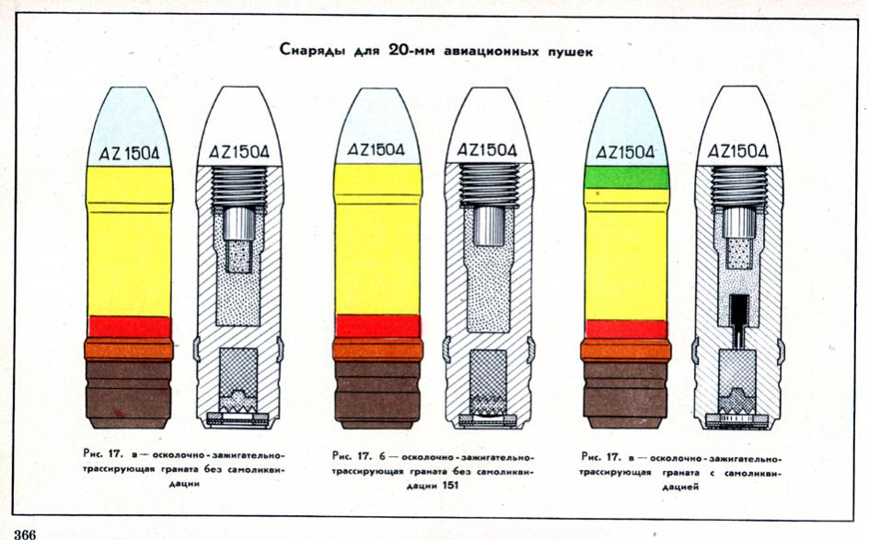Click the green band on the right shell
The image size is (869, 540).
pyautogui.click(x=626, y=177)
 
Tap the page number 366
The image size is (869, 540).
pyautogui.click(x=25, y=533)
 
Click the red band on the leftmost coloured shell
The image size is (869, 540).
pyautogui.click(x=129, y=326)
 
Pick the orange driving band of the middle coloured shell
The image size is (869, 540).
pyautogui.click(x=378, y=349)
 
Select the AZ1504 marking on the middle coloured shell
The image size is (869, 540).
pyautogui.click(x=377, y=150)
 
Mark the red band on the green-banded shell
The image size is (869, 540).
pyautogui.click(x=626, y=329)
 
